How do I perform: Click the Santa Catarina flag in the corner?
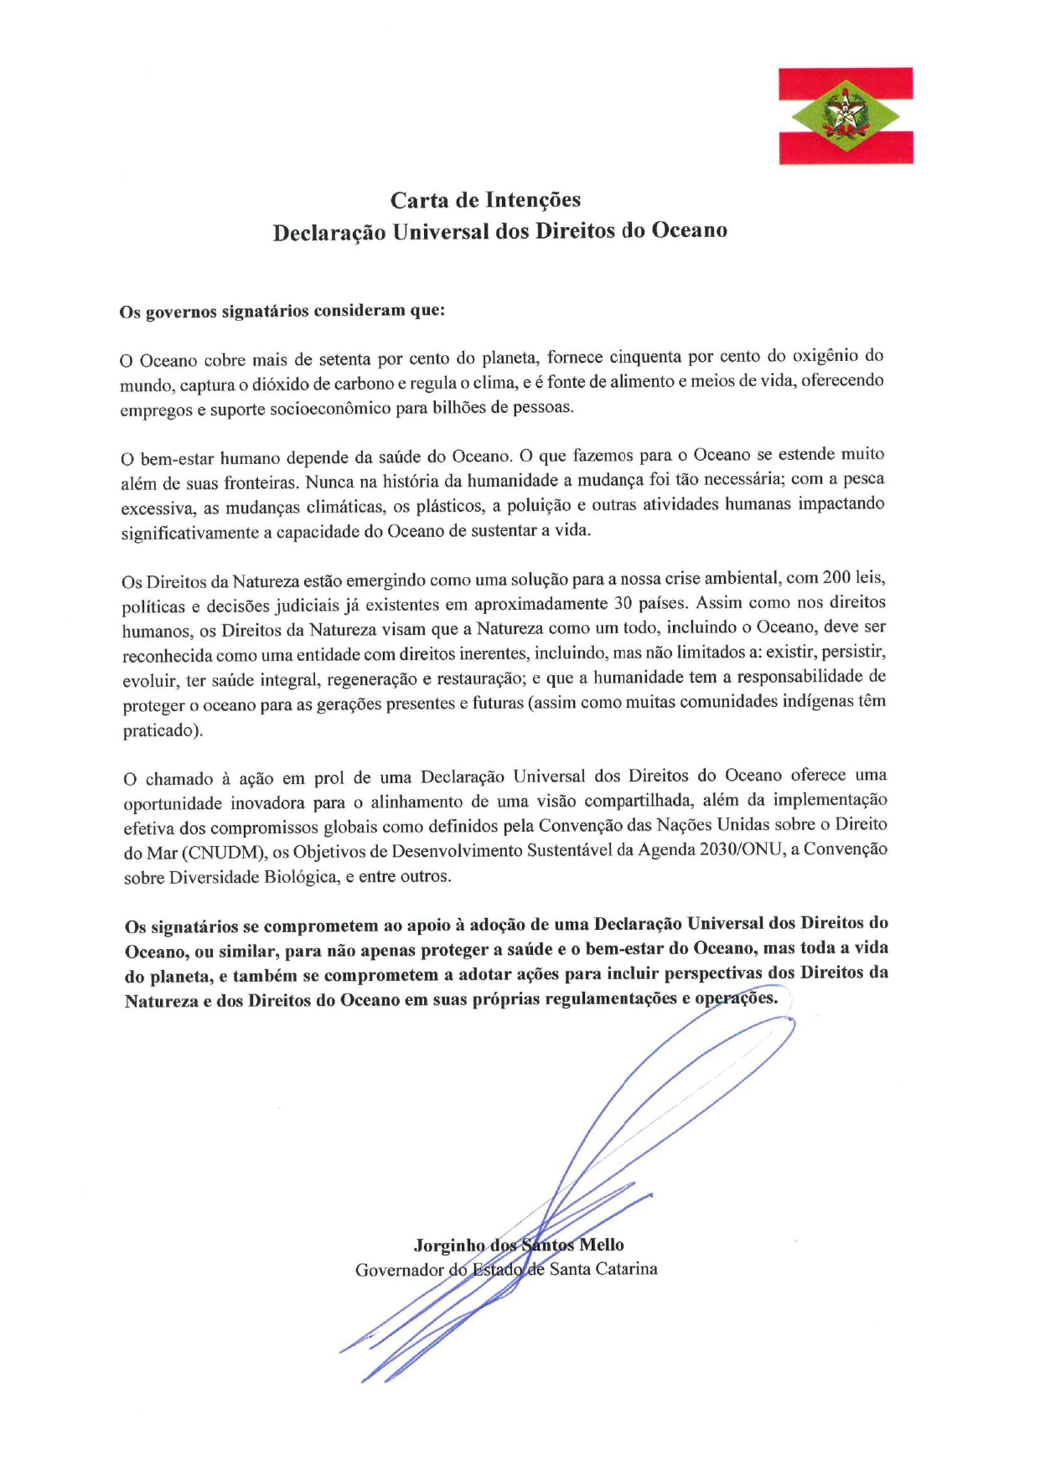tap(846, 116)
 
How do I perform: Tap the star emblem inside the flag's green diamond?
tap(846, 115)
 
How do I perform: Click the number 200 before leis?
tap(836, 578)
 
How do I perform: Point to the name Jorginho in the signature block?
tap(448, 1246)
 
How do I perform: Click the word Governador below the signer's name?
tap(399, 1271)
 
